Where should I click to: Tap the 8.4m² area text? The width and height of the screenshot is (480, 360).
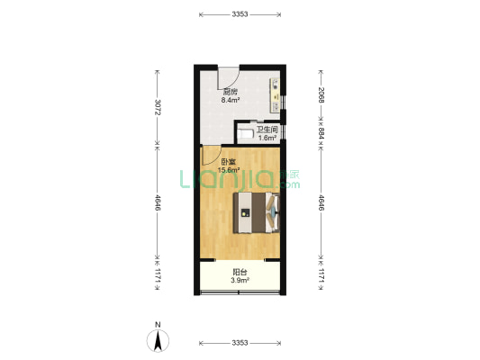(x=231, y=100)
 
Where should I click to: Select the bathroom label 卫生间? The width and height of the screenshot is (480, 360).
(x=267, y=130)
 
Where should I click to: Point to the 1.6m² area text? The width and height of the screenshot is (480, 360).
(x=267, y=138)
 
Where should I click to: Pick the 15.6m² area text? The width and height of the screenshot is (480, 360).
(x=229, y=170)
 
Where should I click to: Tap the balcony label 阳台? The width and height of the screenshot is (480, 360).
(x=240, y=272)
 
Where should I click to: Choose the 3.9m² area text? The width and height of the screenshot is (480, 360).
(x=240, y=280)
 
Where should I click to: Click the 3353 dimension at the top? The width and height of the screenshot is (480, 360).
(x=240, y=14)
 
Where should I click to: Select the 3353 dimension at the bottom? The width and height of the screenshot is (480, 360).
(x=240, y=343)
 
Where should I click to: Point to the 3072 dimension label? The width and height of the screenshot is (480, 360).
(x=158, y=107)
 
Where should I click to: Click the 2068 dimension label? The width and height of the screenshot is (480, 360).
(x=322, y=94)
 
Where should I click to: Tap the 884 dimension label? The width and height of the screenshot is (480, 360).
(x=322, y=133)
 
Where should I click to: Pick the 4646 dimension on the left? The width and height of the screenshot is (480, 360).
(x=158, y=202)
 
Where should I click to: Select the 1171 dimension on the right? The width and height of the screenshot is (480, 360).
(x=322, y=275)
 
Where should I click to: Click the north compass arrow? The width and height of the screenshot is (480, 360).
(x=158, y=341)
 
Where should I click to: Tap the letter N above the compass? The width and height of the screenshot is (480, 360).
(x=158, y=325)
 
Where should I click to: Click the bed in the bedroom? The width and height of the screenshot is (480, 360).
(x=257, y=213)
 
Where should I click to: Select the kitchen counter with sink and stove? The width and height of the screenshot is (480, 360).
(x=276, y=95)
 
